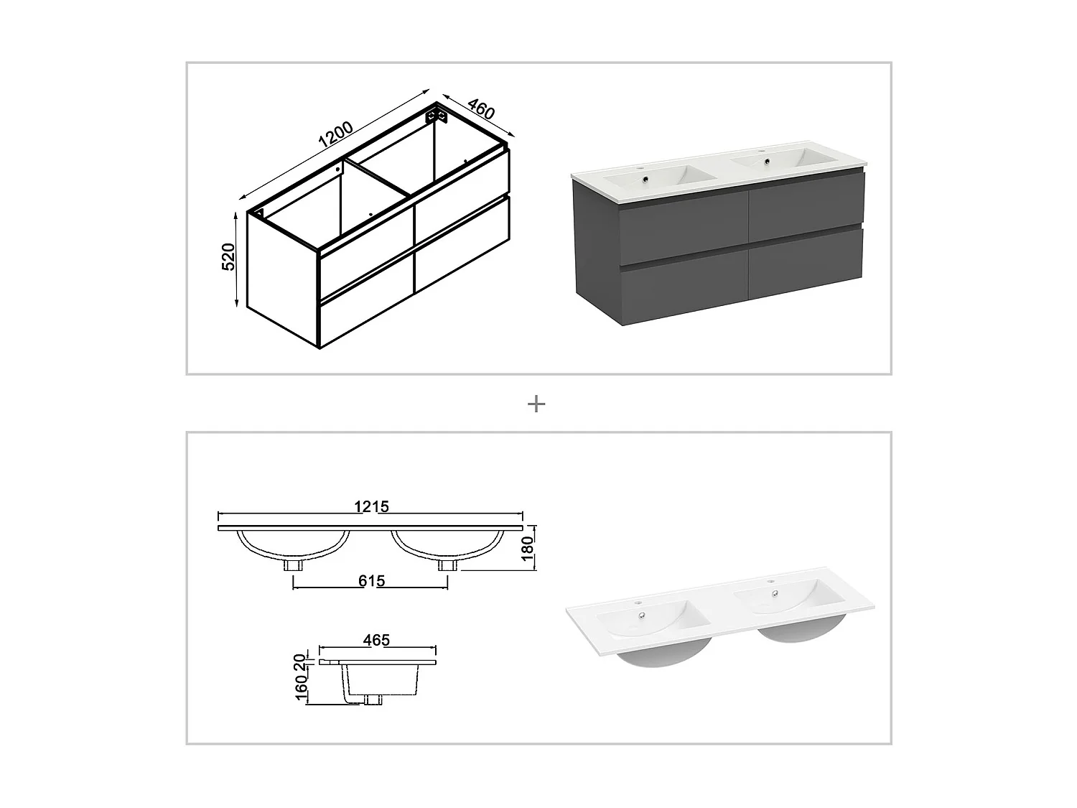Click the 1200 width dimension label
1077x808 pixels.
coord(335,134)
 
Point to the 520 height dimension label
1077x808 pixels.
coord(228,256)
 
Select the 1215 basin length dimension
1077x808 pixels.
coord(371,506)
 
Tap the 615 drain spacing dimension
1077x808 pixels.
coord(370,580)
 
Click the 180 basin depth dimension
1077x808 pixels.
coord(527,549)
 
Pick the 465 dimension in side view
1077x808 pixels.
coord(376,639)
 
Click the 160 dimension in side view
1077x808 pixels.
coord(302,688)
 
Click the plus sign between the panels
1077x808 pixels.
coord(536,404)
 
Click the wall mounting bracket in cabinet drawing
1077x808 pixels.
coord(435,115)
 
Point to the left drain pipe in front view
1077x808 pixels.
coord(293,565)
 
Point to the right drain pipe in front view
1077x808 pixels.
coord(447,565)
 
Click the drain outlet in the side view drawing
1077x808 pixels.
coord(373,698)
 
